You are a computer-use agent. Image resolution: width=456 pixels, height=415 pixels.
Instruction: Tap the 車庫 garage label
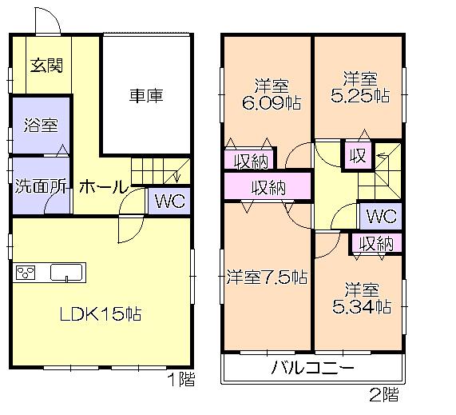coord(146,96)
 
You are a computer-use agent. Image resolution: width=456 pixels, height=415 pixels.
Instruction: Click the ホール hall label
coord(103,188)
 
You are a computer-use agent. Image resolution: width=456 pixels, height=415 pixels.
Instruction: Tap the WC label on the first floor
coord(169,202)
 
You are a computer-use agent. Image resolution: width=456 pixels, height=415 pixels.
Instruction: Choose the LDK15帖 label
coord(101,313)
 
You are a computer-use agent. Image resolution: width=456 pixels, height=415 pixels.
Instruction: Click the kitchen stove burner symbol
coord(26,273)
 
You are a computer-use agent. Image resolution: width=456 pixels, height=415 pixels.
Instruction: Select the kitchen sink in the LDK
coord(68,273)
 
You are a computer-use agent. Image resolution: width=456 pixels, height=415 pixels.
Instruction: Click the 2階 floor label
coord(383,393)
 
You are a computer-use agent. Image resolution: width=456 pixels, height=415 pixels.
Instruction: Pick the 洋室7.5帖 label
coord(266,277)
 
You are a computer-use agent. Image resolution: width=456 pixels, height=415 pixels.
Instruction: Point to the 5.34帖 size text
coord(361,305)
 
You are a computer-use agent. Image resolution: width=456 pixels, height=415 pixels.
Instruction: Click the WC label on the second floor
coord(381,216)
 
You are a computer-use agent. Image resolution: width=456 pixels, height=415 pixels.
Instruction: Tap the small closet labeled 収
coord(356,156)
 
